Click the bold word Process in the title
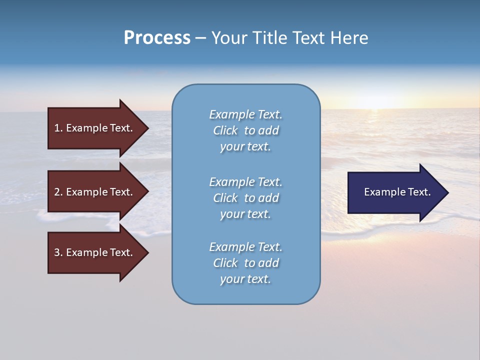pyautogui.click(x=157, y=38)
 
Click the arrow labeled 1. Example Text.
pyautogui.click(x=95, y=128)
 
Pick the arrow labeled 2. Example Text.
pyautogui.click(x=95, y=192)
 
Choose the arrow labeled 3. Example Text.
pyautogui.click(x=95, y=252)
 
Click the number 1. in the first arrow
pyautogui.click(x=58, y=128)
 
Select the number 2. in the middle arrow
pyautogui.click(x=58, y=192)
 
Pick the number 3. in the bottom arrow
pyautogui.click(x=58, y=252)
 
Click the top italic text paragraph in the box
pyautogui.click(x=245, y=130)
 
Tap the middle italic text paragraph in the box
pyautogui.click(x=245, y=198)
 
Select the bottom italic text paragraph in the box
pyautogui.click(x=245, y=263)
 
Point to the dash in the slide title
pyautogui.click(x=200, y=38)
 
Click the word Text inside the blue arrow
pyautogui.click(x=419, y=192)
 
